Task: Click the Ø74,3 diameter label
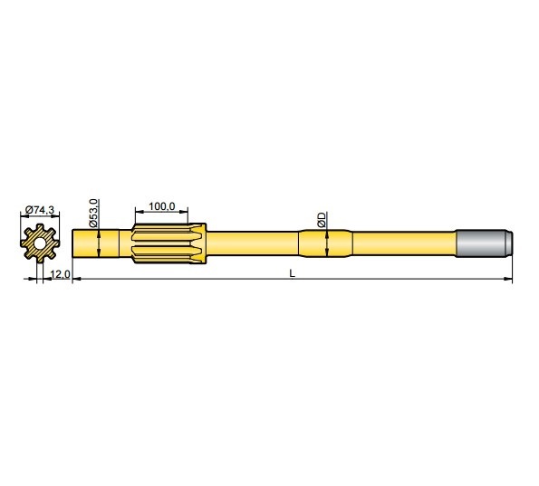pyautogui.click(x=39, y=210)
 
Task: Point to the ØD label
pyautogui.click(x=322, y=219)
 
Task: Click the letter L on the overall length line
pyautogui.click(x=291, y=273)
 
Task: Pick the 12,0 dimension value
pyautogui.click(x=59, y=273)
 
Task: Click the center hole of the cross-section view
pyautogui.click(x=39, y=243)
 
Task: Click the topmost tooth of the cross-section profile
pyautogui.click(x=39, y=230)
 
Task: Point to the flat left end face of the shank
pyautogui.click(x=72, y=243)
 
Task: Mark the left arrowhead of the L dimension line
pyautogui.click(x=75, y=280)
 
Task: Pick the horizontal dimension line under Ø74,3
pyautogui.click(x=39, y=217)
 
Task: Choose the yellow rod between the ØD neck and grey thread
pyautogui.click(x=403, y=243)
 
